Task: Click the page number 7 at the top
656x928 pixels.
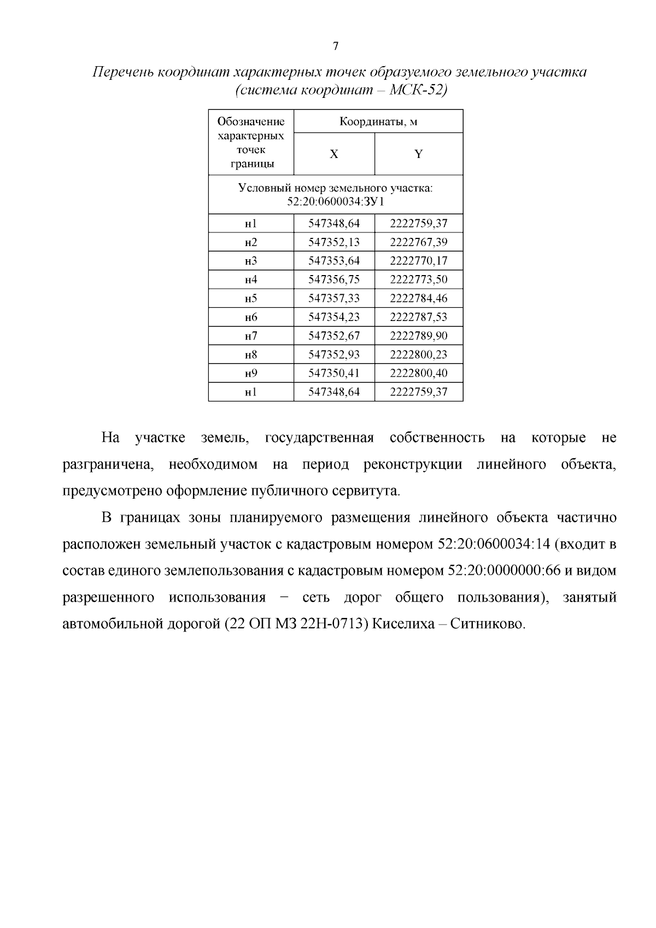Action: coord(336,46)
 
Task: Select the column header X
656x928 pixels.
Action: coord(334,154)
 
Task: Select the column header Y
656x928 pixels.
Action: coord(418,154)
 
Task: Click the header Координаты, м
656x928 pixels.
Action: coord(378,121)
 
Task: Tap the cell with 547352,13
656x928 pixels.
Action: coord(334,242)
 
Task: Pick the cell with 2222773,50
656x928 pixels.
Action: coord(418,279)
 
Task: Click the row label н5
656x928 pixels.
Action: coord(251,299)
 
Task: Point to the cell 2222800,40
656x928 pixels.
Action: coord(418,373)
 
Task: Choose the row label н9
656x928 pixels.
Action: coord(251,373)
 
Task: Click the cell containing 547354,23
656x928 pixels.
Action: coord(334,317)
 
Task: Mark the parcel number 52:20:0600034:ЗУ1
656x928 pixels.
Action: coord(336,202)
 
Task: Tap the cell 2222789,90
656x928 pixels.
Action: coord(418,336)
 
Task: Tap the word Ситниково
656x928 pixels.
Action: coord(488,623)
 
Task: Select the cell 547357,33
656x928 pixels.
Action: coord(334,299)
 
